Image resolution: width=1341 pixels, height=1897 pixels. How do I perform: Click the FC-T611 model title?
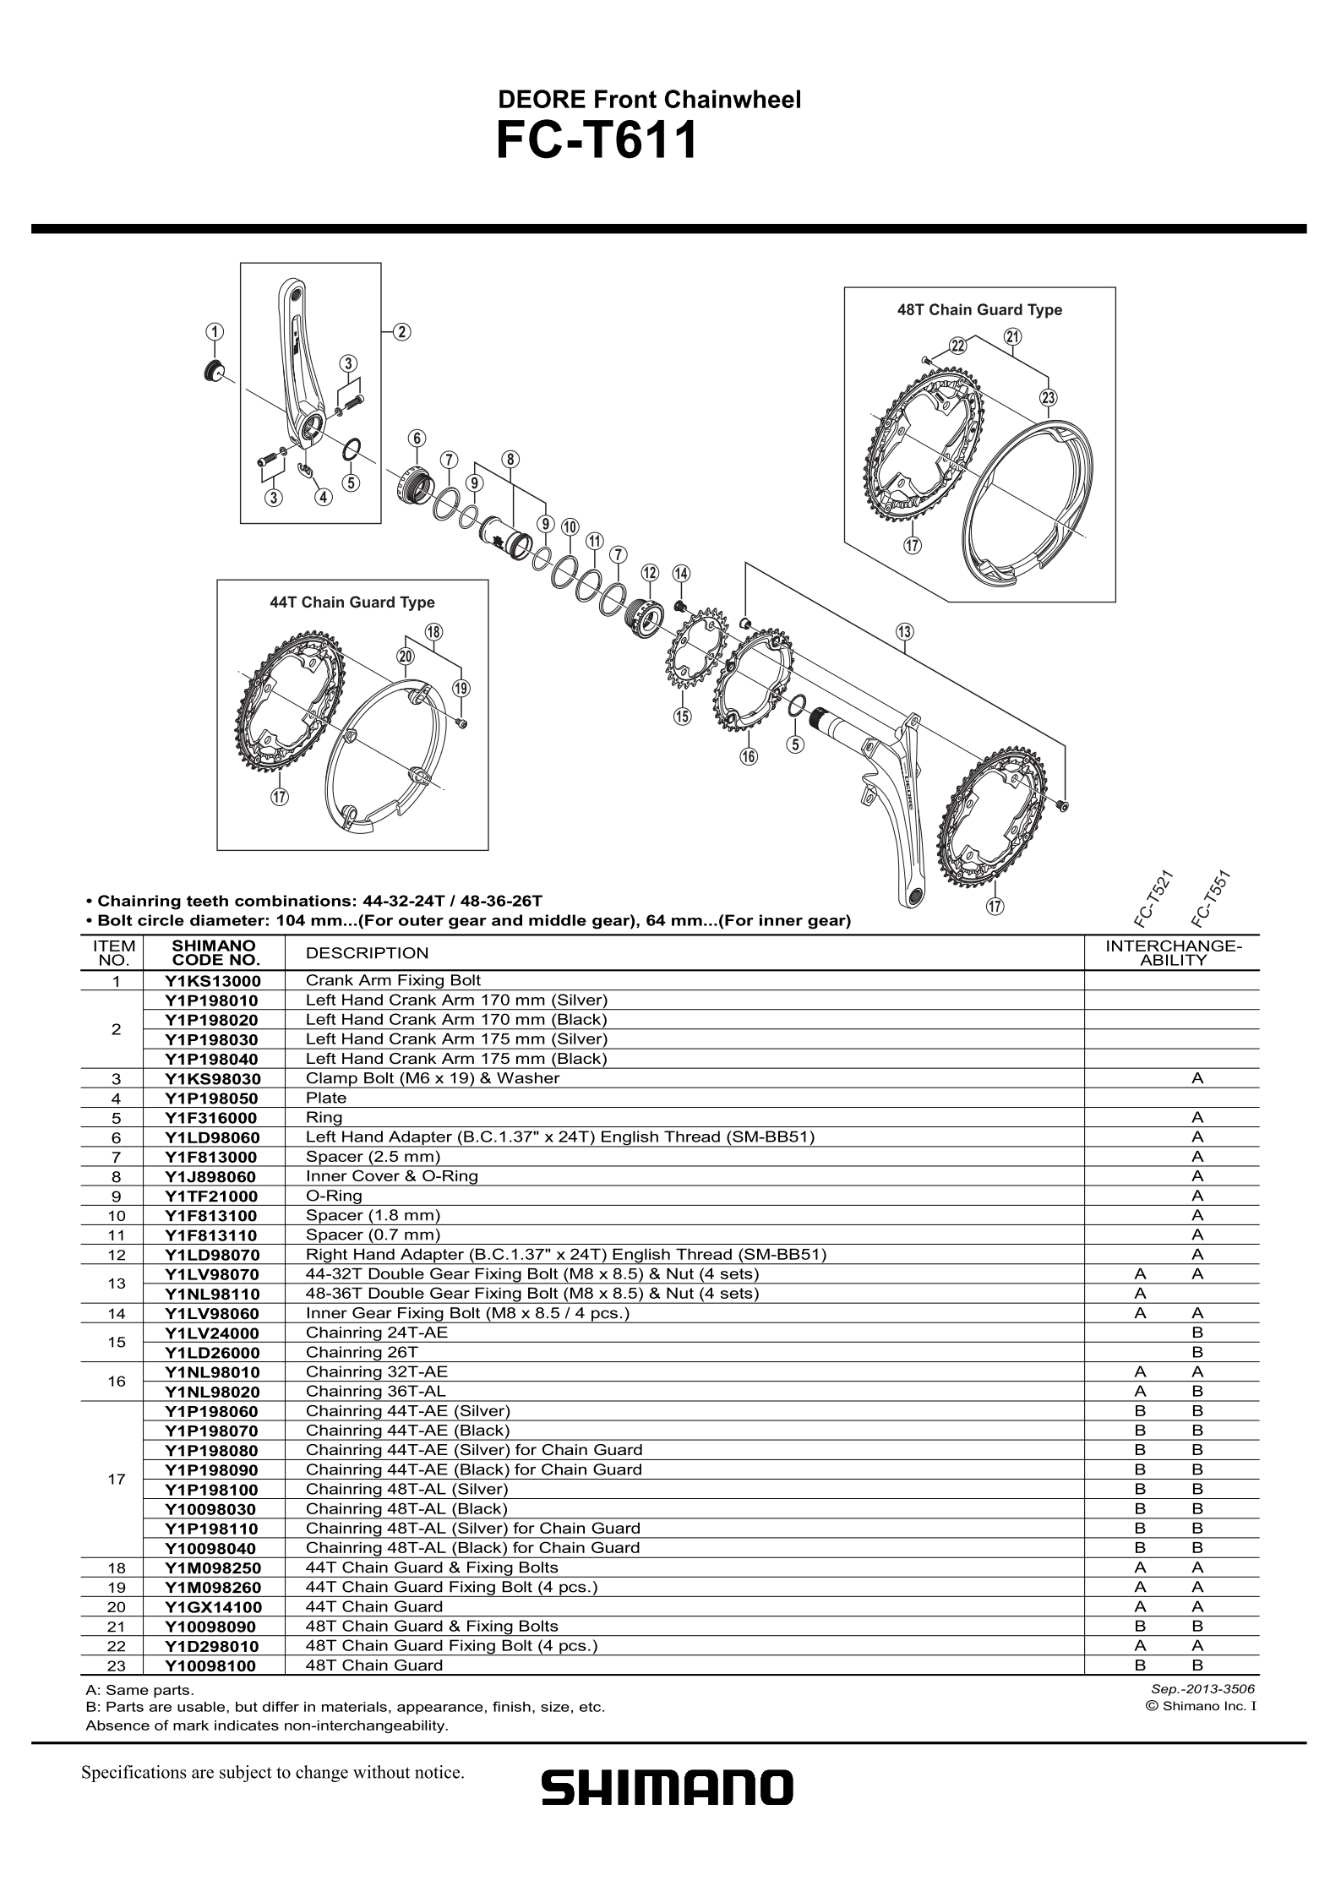point(597,141)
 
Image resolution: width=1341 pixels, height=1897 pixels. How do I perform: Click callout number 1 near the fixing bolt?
point(215,331)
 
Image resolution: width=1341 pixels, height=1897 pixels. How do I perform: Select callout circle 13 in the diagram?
point(904,632)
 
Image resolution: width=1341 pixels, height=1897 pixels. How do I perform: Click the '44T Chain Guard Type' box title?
point(352,602)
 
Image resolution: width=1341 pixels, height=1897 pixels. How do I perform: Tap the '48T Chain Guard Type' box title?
point(978,310)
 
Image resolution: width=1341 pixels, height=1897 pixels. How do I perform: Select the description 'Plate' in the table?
point(326,1098)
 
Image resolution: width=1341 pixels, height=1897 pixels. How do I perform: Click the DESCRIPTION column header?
point(367,953)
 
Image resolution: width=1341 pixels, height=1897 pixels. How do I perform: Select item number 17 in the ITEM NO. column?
point(117,1480)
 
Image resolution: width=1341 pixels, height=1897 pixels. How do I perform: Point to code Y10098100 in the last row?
point(210,1666)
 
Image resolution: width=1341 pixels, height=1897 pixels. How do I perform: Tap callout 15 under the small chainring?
point(681,717)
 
